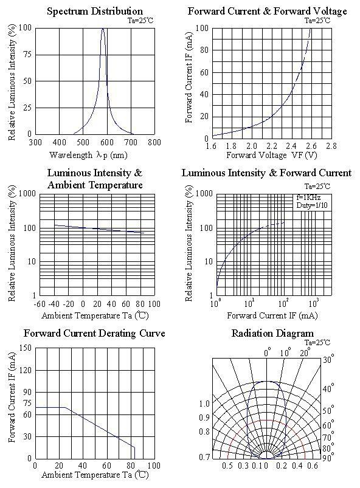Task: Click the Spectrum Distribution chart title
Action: tap(95, 11)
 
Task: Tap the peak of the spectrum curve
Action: tap(103, 29)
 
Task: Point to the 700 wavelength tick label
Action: tap(131, 143)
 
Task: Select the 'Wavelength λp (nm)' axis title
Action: tap(88, 155)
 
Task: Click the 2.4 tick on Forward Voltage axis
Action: tap(291, 146)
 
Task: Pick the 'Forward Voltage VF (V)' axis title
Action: tap(272, 155)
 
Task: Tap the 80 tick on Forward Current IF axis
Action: tap(204, 50)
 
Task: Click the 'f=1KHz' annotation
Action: tap(308, 198)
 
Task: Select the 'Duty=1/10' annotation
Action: tap(312, 205)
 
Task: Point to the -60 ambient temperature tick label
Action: tap(40, 304)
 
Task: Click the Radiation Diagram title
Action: tap(272, 333)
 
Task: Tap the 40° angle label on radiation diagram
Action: tap(328, 388)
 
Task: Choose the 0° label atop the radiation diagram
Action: tap(268, 353)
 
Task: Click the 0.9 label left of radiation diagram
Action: tap(204, 418)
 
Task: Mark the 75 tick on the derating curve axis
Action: tap(27, 404)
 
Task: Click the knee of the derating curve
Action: tap(65, 407)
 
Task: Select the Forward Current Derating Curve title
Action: tap(94, 333)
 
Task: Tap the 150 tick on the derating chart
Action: tap(26, 348)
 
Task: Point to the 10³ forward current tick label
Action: tap(313, 303)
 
